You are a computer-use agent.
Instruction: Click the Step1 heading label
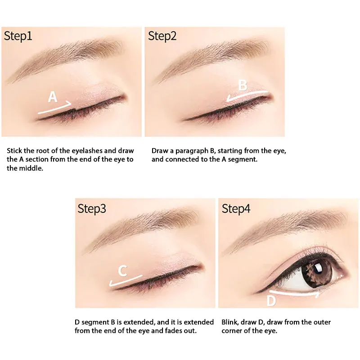coord(18,36)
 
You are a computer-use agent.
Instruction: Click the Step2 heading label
coord(162,36)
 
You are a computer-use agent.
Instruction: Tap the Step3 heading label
coord(92,209)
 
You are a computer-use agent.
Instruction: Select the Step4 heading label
coord(236,209)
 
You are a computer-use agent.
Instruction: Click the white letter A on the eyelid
coord(53,97)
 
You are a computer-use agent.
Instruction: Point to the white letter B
coord(243,85)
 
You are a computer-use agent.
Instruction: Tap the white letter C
coord(122,271)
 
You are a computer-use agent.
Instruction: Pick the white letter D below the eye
coord(271,301)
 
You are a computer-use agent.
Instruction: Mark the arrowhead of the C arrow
coord(111,284)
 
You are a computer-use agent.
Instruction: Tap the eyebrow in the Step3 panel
coord(140,230)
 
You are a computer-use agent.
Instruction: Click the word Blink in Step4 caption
coord(230,322)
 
